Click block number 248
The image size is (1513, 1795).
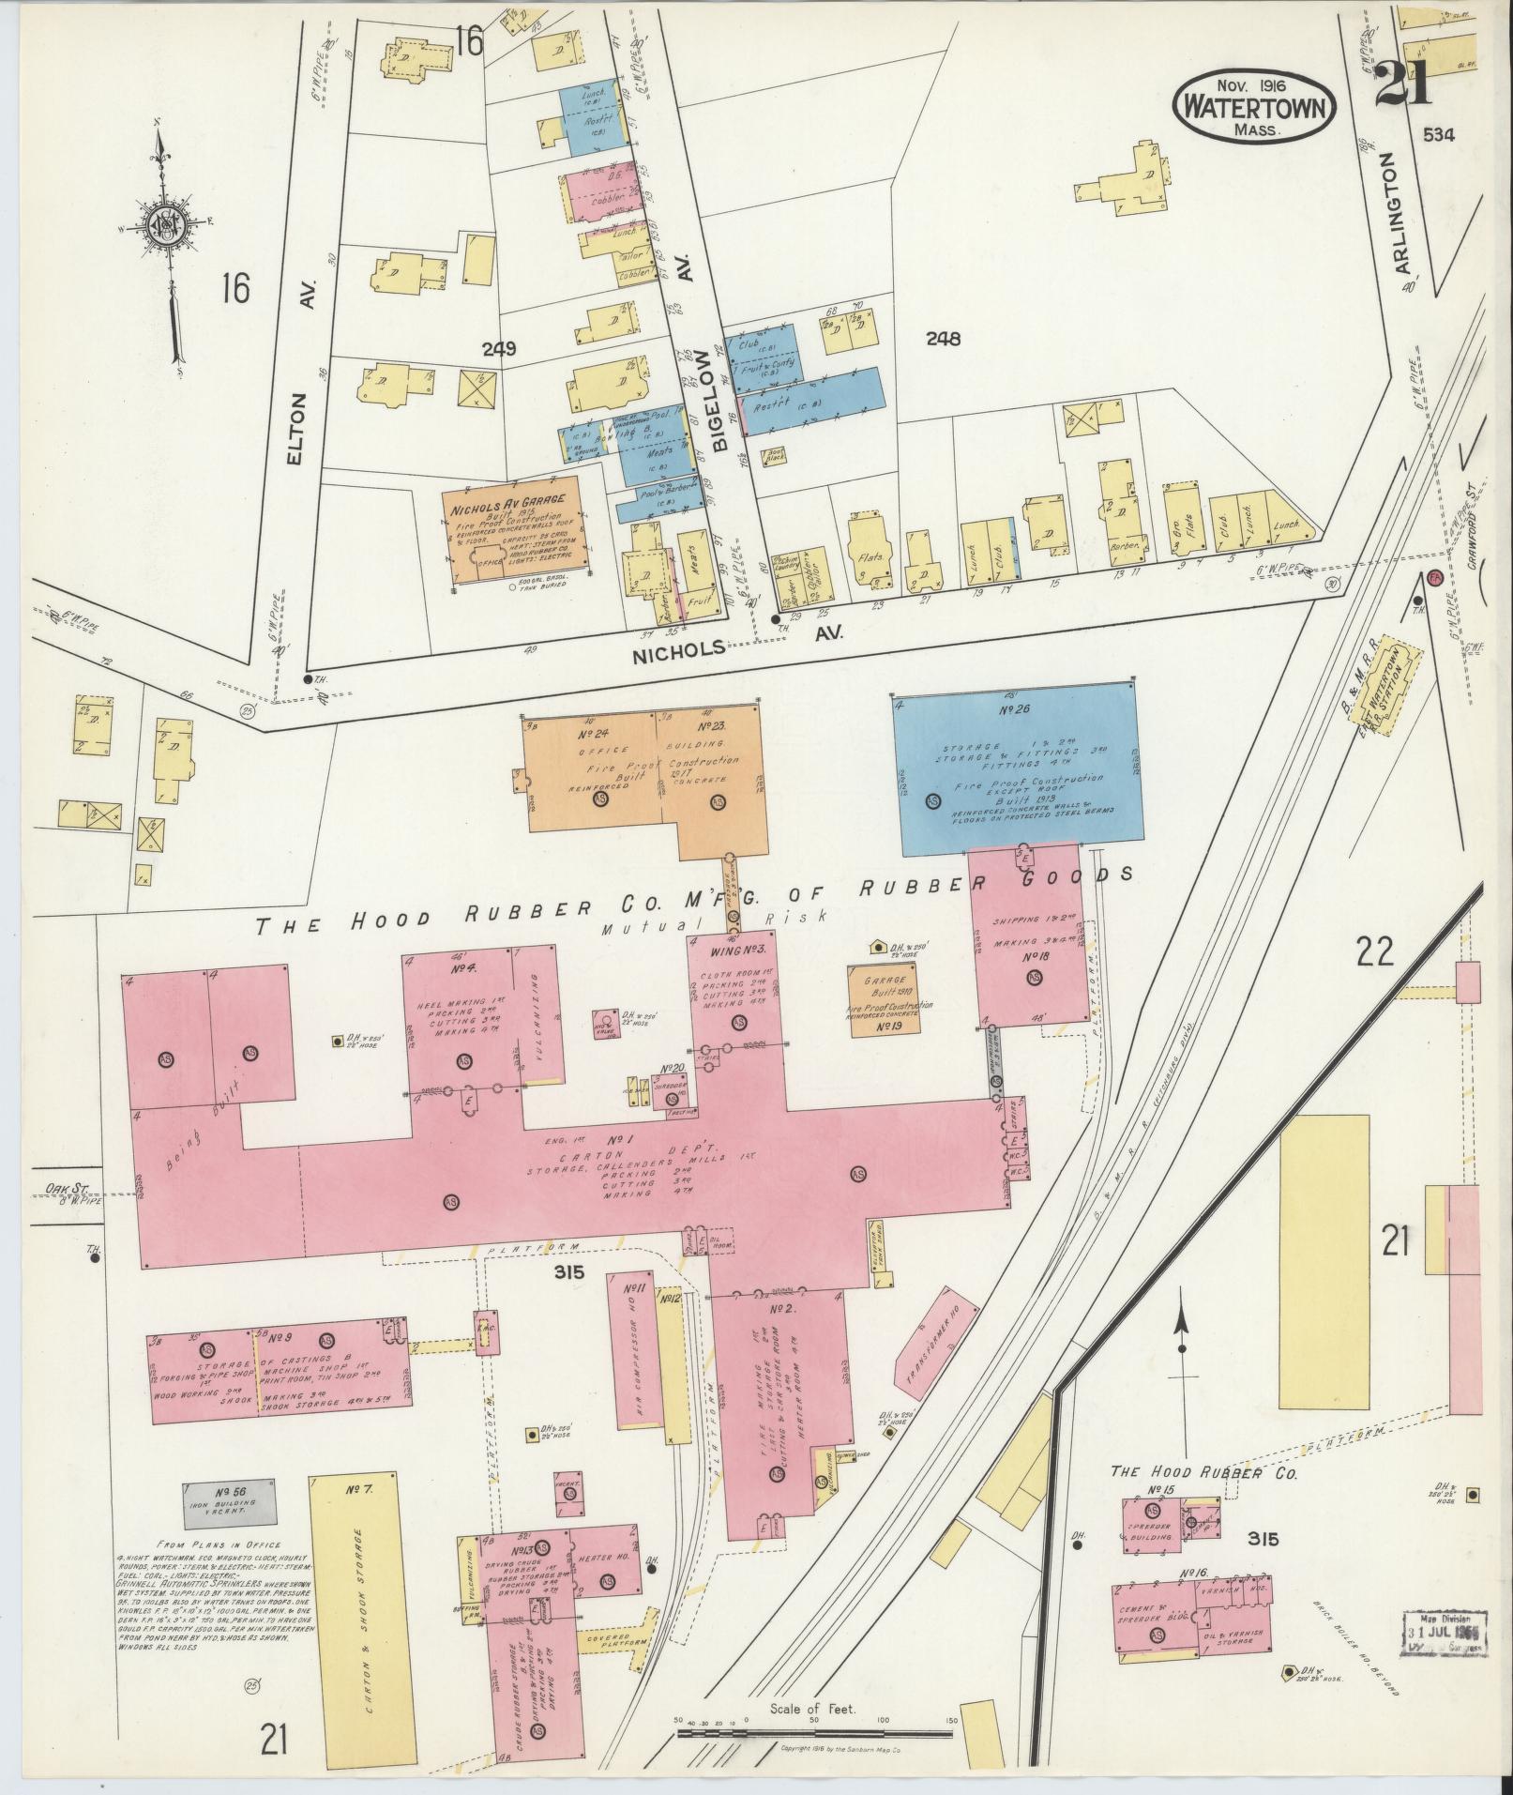[943, 340]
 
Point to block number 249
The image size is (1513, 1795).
[500, 349]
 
